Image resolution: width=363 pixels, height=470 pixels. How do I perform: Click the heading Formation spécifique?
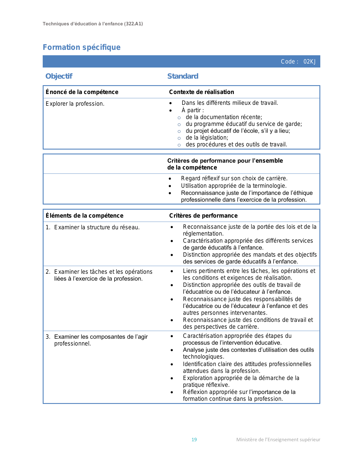pos(81,47)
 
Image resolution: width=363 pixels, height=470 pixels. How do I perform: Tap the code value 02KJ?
pos(309,62)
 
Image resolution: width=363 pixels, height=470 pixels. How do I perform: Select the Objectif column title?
pos(59,76)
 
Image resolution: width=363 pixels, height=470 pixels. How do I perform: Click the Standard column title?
pos(183,76)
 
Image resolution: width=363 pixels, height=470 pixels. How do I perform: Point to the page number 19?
pos(194,440)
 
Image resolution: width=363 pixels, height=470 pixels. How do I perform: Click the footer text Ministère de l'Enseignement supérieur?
pos(278,440)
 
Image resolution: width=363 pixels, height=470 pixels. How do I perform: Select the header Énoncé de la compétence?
pos(82,92)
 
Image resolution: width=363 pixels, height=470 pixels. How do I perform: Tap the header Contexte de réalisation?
pos(202,92)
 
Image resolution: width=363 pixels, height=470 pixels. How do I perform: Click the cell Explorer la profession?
pos(75,104)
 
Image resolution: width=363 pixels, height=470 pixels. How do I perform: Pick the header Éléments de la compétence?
pos(85,216)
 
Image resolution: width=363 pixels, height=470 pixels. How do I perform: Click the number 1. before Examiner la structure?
pos(48,227)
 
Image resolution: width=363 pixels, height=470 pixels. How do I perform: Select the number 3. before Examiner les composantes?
pos(48,337)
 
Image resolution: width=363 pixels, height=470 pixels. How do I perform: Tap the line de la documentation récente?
pos(224,117)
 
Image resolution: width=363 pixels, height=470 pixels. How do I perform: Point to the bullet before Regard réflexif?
pos(170,179)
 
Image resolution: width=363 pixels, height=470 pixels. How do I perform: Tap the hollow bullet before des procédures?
pos(179,145)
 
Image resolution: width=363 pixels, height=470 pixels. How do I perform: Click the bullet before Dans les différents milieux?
pos(171,103)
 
